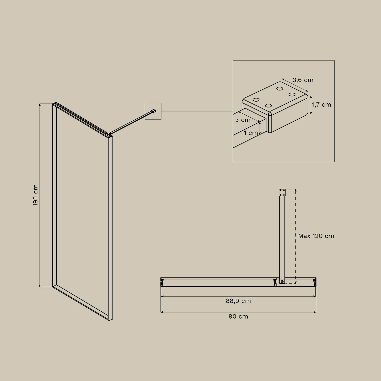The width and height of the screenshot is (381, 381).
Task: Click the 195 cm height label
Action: (35, 195)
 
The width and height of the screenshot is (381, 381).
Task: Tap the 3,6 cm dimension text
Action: (303, 80)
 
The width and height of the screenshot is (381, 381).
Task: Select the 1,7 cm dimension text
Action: (322, 105)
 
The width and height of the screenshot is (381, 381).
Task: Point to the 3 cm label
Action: (243, 120)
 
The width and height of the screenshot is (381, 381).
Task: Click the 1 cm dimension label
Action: (251, 133)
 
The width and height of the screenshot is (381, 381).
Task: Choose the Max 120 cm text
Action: (316, 236)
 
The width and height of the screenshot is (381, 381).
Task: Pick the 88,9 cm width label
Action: (238, 301)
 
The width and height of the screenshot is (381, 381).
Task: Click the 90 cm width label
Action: (238, 316)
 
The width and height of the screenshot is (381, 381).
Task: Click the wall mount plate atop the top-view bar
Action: (282, 193)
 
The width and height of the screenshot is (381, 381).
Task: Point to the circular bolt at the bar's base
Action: (282, 281)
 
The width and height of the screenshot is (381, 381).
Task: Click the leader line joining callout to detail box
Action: (197, 111)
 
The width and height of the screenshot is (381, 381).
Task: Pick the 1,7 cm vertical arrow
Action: (311, 105)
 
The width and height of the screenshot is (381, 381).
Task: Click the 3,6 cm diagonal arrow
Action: (295, 85)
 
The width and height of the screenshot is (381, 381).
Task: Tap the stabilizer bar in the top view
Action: (282, 236)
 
